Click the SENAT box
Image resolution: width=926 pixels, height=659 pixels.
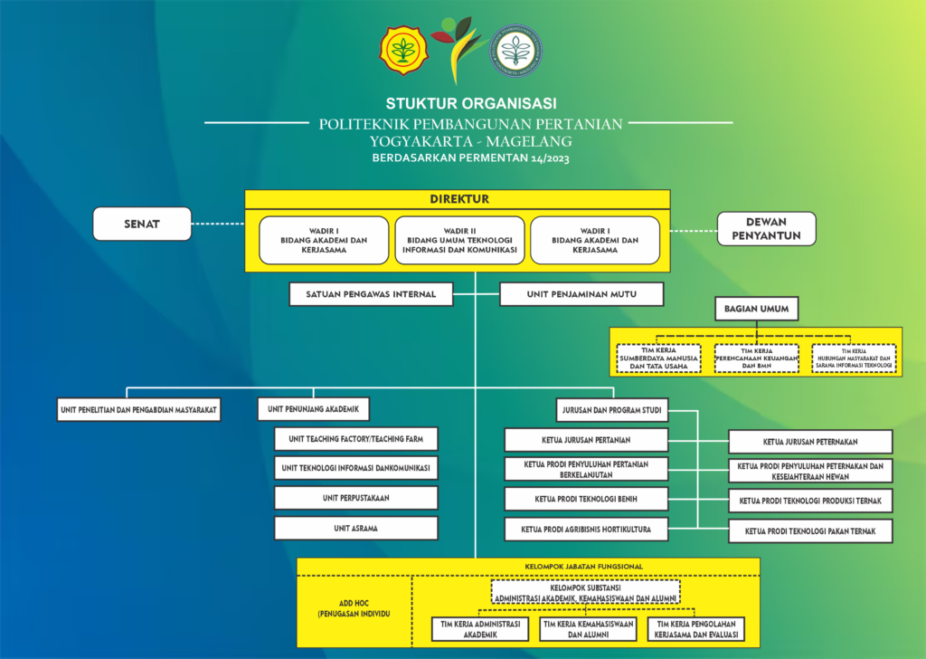click(142, 224)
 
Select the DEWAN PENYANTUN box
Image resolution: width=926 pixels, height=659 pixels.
click(766, 228)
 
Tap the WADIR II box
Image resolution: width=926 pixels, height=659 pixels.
click(460, 240)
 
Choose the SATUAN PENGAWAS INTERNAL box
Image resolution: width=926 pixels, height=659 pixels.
click(371, 294)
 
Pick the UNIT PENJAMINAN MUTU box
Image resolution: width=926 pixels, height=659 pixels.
click(581, 294)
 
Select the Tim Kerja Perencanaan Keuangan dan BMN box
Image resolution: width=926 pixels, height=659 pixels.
click(756, 358)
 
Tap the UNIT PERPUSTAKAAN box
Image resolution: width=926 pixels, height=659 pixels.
click(356, 498)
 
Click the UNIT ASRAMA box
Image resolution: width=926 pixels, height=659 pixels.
click(356, 528)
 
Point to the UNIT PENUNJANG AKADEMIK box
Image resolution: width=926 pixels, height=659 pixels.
click(314, 410)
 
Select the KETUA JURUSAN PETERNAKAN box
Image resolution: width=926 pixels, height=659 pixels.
click(810, 442)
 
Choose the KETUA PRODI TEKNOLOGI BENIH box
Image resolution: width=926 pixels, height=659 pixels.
click(586, 499)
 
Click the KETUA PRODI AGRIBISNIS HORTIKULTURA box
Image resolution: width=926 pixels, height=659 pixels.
click(586, 529)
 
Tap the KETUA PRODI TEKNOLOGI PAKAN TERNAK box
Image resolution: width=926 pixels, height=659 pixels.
click(810, 530)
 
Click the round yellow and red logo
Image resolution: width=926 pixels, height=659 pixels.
click(402, 50)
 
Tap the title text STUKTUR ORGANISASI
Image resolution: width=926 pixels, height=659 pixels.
click(470, 102)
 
